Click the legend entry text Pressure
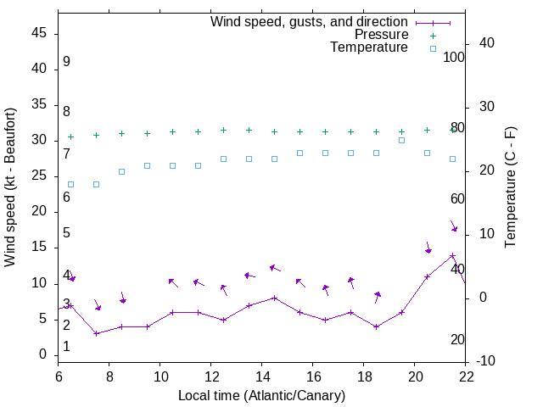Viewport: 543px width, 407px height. (381, 35)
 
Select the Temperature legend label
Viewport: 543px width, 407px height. (369, 48)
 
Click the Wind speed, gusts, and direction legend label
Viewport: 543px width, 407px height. (310, 21)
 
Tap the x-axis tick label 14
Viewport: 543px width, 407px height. (262, 376)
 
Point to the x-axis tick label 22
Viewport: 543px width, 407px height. (466, 376)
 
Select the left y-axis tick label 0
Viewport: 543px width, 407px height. (43, 355)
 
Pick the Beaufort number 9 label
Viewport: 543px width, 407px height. (66, 62)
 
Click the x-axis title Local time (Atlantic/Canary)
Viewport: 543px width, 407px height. (262, 395)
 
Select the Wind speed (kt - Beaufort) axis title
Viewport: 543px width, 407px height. (11, 187)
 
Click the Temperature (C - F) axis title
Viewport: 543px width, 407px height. (511, 187)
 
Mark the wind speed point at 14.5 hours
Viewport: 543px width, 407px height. (275, 298)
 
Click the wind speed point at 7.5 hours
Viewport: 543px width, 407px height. (97, 333)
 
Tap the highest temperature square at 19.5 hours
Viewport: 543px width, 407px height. (402, 140)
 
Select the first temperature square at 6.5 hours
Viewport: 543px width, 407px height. (71, 184)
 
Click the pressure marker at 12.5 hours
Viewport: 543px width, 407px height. (224, 131)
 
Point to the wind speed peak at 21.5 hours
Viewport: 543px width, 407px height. (453, 255)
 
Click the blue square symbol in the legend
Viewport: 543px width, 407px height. (433, 48)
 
